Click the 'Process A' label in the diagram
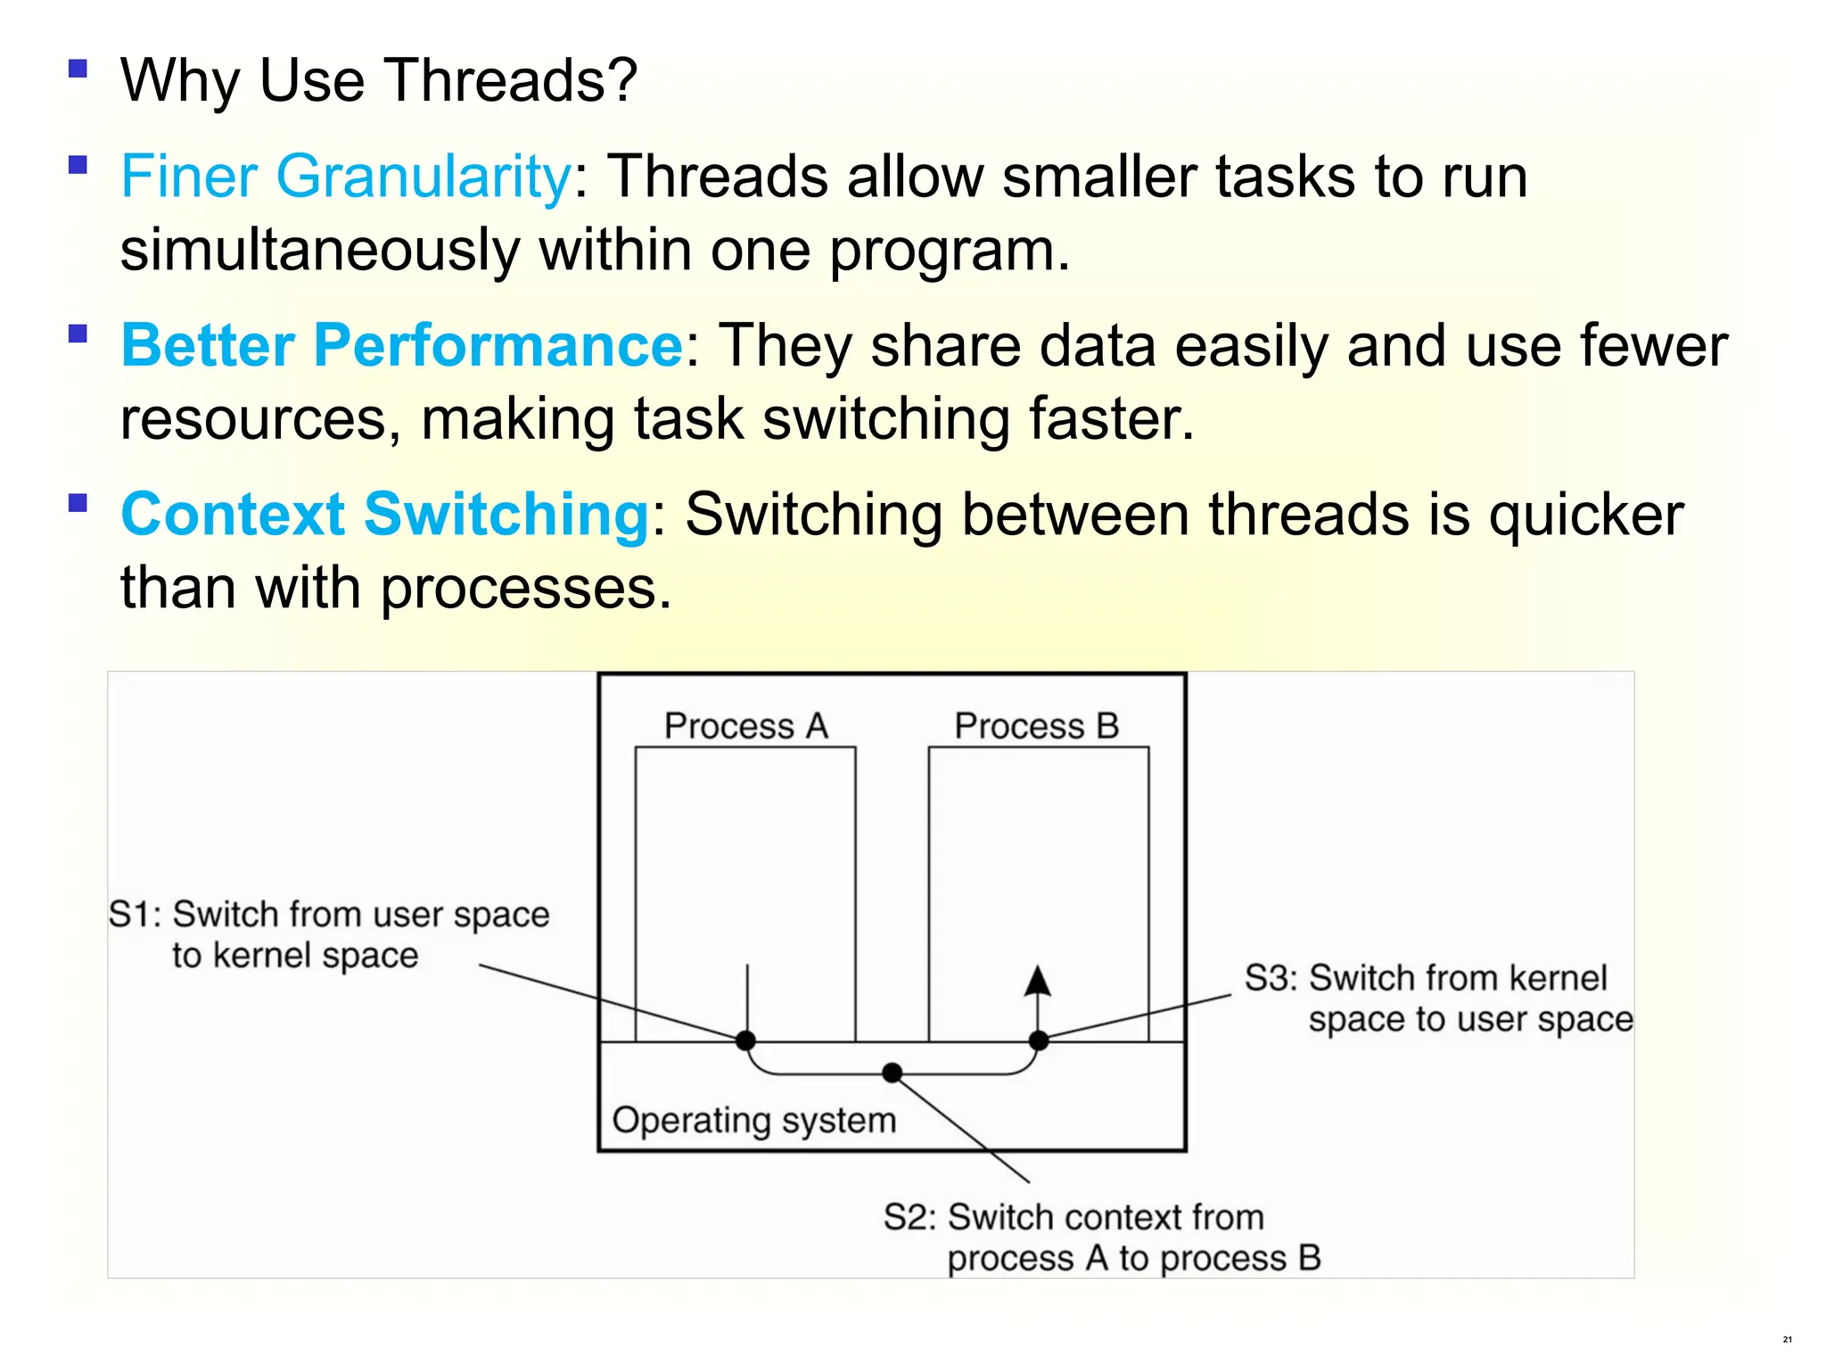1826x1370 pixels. [746, 725]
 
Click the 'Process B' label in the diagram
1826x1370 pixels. [1036, 725]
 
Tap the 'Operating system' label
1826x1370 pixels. [753, 1120]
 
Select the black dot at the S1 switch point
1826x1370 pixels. [746, 1040]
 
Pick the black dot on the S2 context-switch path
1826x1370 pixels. [892, 1072]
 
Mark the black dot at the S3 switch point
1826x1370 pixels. [1039, 1040]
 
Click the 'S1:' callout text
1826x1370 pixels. [135, 914]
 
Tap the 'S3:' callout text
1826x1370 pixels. [1271, 978]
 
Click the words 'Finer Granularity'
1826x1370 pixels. [346, 176]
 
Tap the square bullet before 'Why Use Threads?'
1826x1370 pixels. [78, 69]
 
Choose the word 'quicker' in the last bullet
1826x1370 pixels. [1586, 515]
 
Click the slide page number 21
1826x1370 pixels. [1787, 1339]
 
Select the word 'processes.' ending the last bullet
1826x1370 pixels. [526, 589]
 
